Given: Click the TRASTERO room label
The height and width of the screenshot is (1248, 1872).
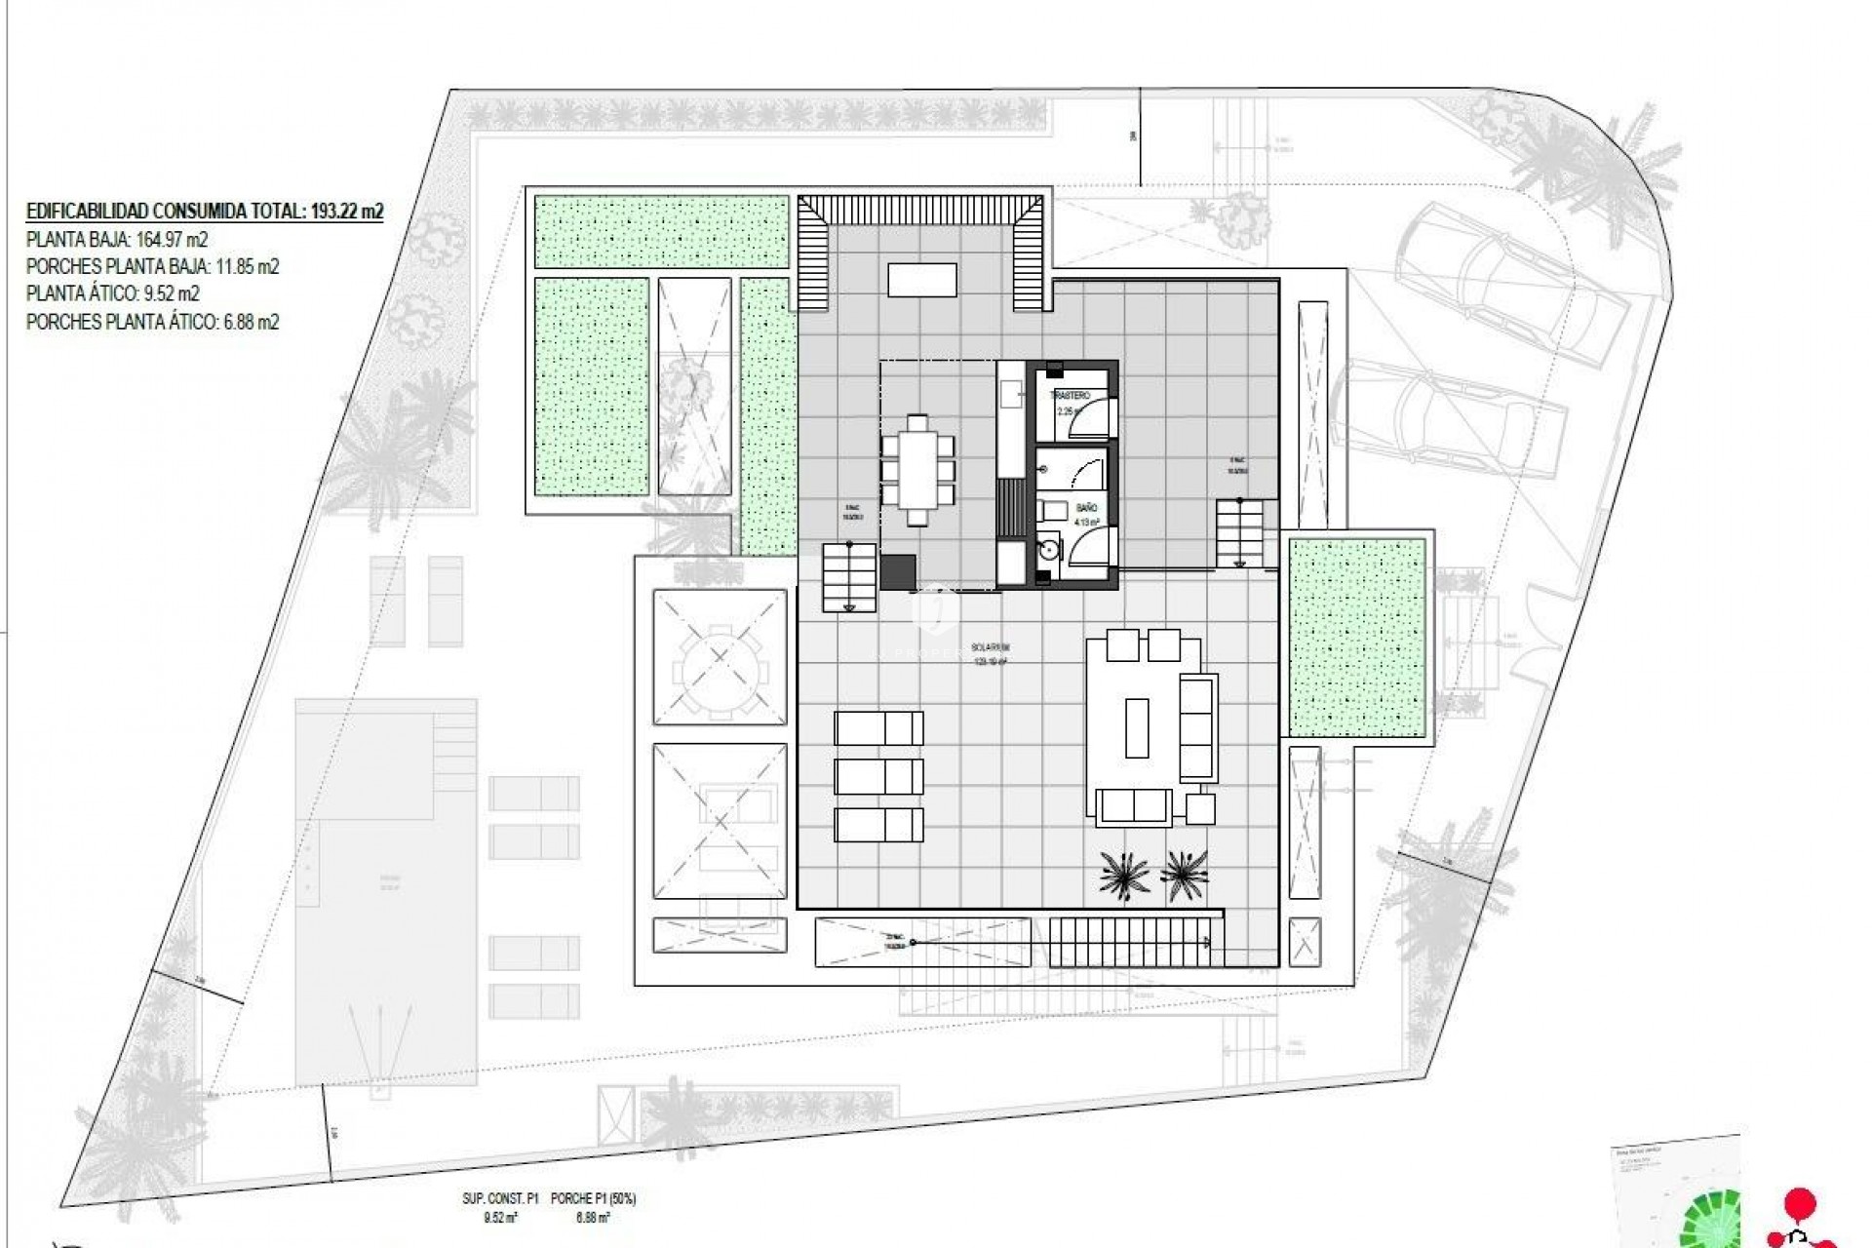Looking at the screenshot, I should [1070, 396].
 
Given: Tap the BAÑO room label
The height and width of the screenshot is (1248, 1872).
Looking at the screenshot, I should [1086, 508].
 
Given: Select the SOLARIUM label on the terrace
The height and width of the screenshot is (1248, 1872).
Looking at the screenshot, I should [991, 647].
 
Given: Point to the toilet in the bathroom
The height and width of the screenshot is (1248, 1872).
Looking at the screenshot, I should [1053, 511].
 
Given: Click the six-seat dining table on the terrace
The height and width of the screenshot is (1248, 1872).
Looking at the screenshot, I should [917, 470].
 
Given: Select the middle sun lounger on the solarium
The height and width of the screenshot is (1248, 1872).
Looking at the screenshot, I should [878, 777].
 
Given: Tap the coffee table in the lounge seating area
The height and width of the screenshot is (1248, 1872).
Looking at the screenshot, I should [1136, 727].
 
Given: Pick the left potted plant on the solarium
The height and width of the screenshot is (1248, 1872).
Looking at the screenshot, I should [1124, 872].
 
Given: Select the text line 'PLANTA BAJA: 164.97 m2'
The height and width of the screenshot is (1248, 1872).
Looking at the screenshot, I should [117, 240].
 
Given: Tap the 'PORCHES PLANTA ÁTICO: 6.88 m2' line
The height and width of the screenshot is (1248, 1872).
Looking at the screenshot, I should [152, 322].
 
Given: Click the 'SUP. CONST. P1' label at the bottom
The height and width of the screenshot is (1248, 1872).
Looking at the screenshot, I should [500, 1198].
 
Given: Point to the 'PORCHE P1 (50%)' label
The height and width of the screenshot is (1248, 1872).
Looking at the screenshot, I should [593, 1198].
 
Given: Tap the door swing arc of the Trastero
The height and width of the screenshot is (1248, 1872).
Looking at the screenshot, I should [1097, 413].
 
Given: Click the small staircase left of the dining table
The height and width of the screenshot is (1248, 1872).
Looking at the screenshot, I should [848, 577].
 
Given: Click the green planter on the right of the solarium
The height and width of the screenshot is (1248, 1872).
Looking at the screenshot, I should [1356, 638].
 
